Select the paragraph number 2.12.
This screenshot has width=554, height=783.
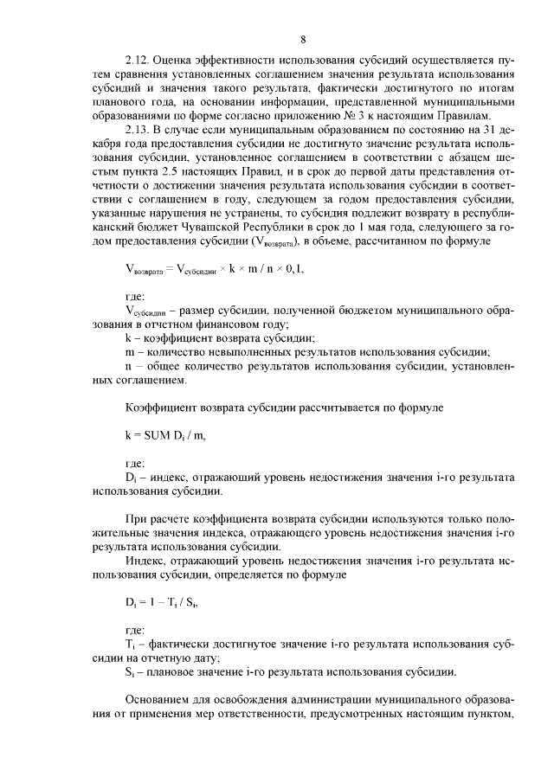click(138, 61)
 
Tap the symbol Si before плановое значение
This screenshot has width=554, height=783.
click(130, 671)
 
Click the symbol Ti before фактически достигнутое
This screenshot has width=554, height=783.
click(130, 645)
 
